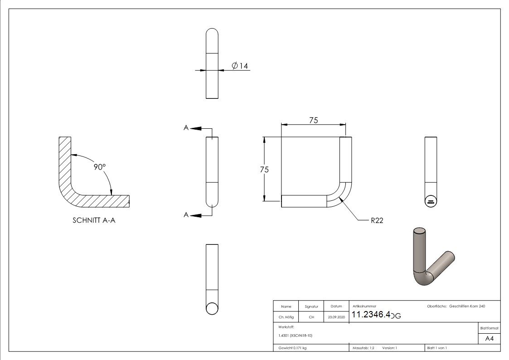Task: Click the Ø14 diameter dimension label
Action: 240,66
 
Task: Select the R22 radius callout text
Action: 377,221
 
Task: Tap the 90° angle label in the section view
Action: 99,167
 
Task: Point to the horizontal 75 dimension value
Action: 313,120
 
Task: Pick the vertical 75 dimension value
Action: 264,170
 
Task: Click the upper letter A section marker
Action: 186,128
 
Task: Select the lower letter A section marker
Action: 186,215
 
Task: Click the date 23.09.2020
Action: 336,317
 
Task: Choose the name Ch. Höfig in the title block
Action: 286,317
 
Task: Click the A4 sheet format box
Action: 490,339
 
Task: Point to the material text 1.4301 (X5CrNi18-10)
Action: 295,336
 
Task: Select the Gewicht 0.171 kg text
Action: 292,348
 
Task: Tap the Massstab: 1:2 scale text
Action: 364,348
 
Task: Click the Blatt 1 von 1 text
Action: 436,348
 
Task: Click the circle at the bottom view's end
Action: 212,308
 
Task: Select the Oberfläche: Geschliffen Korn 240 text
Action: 456,306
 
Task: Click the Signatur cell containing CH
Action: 311,317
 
